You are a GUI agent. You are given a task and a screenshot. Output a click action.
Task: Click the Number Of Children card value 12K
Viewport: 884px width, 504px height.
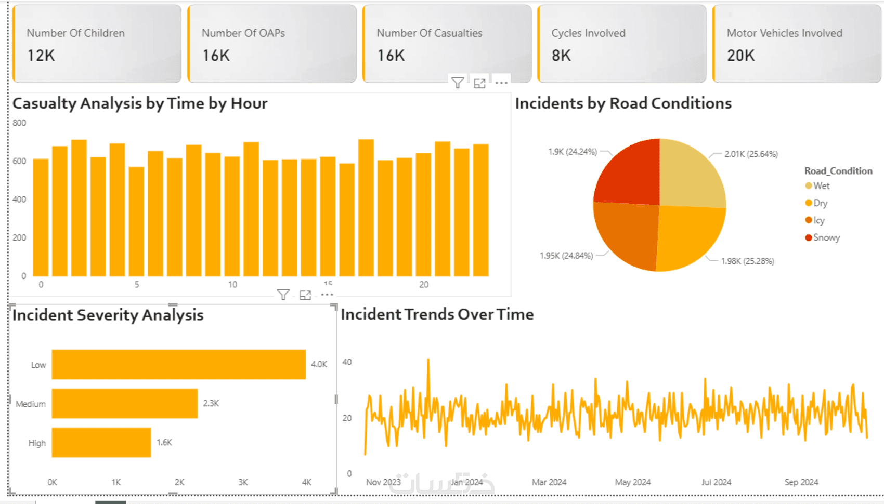tap(41, 56)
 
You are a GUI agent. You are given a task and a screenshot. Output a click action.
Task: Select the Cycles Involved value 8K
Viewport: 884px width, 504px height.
tap(561, 56)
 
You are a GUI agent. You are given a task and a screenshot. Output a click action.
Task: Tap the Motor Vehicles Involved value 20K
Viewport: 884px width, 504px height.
tap(740, 56)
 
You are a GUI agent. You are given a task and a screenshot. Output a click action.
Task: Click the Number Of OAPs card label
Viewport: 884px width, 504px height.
tap(243, 33)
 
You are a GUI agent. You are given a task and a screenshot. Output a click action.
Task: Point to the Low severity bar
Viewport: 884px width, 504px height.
tap(178, 365)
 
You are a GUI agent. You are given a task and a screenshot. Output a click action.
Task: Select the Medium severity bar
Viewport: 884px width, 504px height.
tap(125, 404)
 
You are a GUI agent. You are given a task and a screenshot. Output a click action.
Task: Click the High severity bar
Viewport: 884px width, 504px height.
tap(101, 443)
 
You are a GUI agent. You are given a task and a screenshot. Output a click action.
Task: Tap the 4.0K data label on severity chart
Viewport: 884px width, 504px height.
tap(319, 365)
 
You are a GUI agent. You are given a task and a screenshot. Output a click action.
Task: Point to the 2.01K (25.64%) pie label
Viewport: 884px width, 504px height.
tap(751, 154)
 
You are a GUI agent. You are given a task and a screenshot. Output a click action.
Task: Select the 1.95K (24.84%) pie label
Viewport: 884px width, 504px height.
tap(566, 256)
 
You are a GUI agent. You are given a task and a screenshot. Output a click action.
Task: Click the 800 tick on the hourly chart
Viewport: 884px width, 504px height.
tap(19, 123)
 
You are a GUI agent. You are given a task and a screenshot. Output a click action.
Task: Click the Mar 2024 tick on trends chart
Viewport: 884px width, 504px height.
tap(549, 482)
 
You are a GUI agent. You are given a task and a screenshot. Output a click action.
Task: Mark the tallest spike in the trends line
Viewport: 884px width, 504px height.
tap(428, 360)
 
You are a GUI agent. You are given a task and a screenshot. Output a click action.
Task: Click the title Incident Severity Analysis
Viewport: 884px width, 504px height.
tap(108, 315)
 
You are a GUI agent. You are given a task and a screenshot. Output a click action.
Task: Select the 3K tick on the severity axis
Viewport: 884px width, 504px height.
tap(243, 482)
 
